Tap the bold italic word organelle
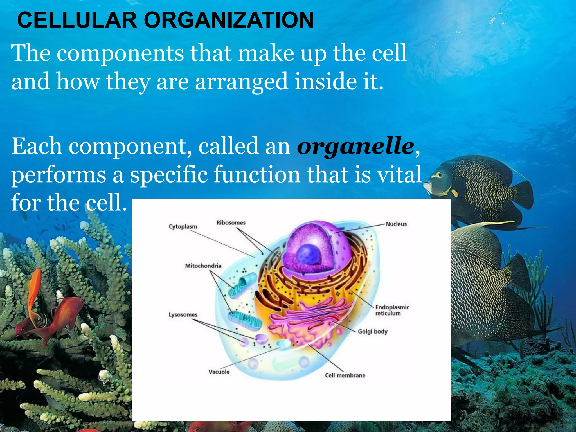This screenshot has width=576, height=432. (355, 146)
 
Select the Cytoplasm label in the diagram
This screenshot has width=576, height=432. (183, 227)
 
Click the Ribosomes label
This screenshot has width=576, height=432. (231, 223)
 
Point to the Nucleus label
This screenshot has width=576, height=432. (396, 224)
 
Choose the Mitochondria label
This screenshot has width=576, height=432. (203, 266)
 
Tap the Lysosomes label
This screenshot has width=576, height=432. (183, 315)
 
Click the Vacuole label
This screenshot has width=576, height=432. (219, 372)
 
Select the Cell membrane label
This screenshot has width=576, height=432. (345, 375)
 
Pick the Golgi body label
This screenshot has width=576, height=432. (373, 332)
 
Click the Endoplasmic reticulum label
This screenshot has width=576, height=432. (392, 310)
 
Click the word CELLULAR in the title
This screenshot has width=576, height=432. (77, 20)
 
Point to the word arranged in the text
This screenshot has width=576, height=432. (241, 82)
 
